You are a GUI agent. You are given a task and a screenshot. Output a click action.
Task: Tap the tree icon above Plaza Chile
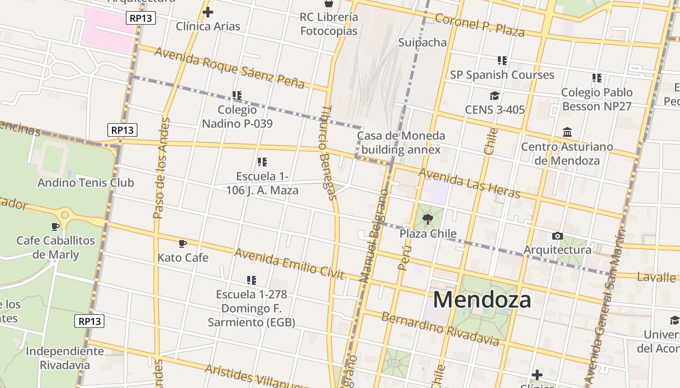click(x=428, y=220)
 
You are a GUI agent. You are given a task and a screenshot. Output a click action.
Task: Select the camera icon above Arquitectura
click(x=558, y=236)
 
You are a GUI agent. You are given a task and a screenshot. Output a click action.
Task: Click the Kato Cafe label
click(x=183, y=258)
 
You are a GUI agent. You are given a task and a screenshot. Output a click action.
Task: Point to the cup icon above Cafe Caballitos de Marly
click(x=55, y=226)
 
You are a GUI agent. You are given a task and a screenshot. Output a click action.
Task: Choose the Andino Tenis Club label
click(x=85, y=183)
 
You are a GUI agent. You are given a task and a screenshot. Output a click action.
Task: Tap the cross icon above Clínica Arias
click(x=208, y=12)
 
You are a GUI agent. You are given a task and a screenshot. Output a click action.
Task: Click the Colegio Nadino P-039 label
click(x=237, y=117)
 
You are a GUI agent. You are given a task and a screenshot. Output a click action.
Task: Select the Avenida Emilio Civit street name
click(x=289, y=264)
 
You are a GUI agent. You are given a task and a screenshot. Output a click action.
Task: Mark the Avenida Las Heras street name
click(x=469, y=183)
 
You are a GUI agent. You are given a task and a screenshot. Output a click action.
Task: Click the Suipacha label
click(x=422, y=42)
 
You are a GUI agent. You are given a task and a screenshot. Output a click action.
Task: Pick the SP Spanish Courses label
click(x=502, y=75)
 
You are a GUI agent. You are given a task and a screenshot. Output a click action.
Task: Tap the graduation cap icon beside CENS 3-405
click(x=494, y=96)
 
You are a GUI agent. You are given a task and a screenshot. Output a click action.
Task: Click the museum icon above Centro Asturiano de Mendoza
click(x=567, y=132)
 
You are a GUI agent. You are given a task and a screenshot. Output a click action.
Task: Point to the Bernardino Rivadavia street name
click(x=440, y=329)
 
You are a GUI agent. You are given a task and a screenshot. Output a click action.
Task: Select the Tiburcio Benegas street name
click(x=328, y=153)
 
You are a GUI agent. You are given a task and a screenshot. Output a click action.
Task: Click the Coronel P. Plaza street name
click(x=479, y=25)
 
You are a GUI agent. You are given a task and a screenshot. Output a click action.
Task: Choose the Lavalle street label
click(x=656, y=277)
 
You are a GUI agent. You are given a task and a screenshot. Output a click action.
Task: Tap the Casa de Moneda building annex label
click(x=401, y=143)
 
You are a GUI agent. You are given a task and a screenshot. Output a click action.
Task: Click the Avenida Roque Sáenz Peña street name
click(x=229, y=68)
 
